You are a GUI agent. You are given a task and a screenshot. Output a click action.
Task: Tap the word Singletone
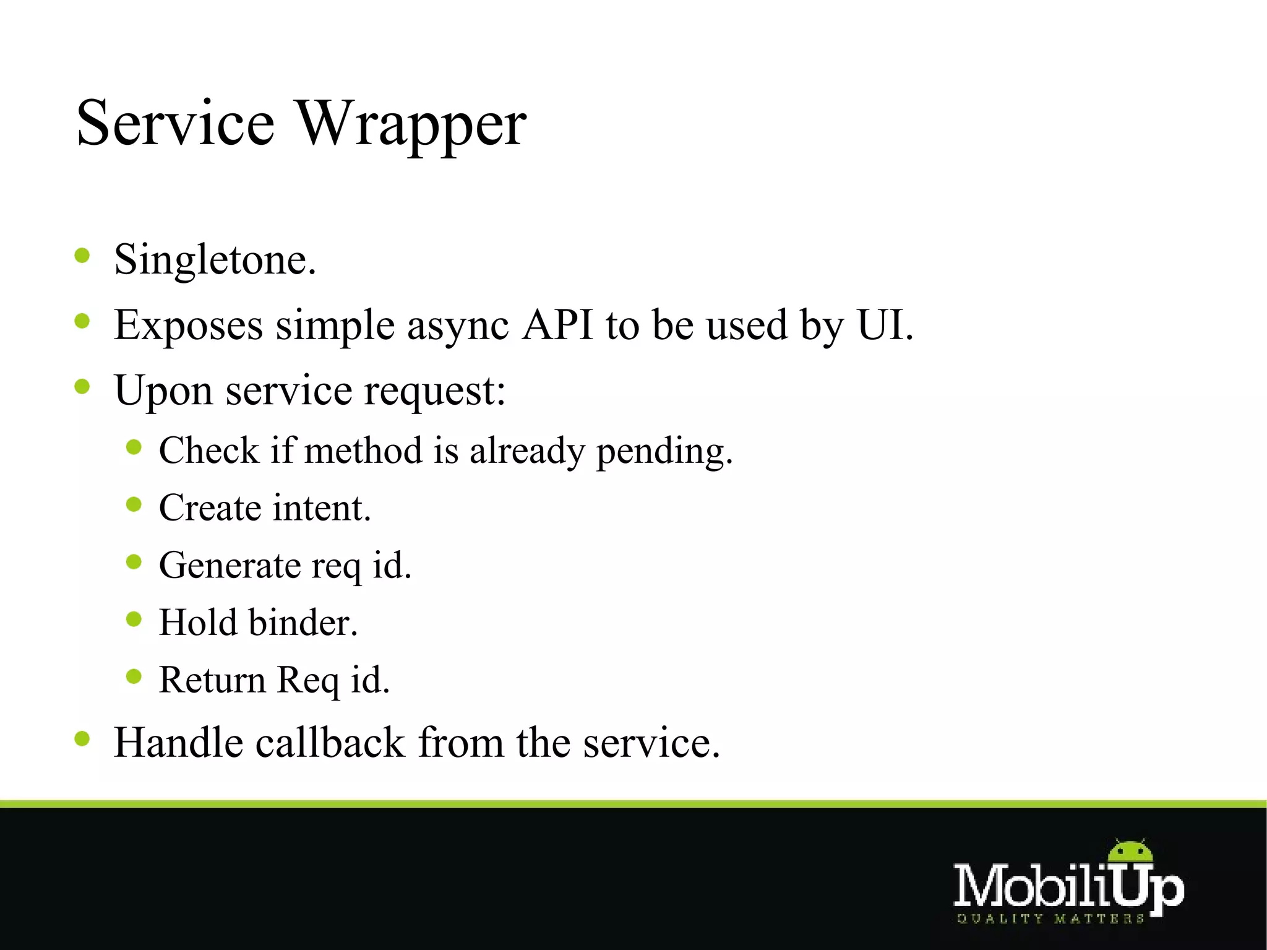[x=214, y=260]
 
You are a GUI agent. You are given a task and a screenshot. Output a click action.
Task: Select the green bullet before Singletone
[x=82, y=256]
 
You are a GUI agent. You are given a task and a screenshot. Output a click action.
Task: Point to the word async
[x=458, y=326]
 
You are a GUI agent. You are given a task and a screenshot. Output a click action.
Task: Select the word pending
[x=664, y=451]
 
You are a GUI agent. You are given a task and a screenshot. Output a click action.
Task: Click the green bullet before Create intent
[x=134, y=504]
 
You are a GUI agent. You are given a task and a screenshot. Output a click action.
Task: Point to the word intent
[x=322, y=508]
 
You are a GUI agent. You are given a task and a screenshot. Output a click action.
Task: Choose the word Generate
[x=230, y=566]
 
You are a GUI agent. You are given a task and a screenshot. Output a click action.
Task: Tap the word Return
[x=212, y=680]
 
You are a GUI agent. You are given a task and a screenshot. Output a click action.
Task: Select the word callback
[x=330, y=743]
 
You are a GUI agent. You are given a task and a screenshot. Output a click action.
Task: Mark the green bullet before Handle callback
[x=82, y=738]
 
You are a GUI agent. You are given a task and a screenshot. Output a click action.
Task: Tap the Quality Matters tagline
[x=1050, y=918]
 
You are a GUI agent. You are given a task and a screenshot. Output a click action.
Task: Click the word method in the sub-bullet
[x=363, y=450]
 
